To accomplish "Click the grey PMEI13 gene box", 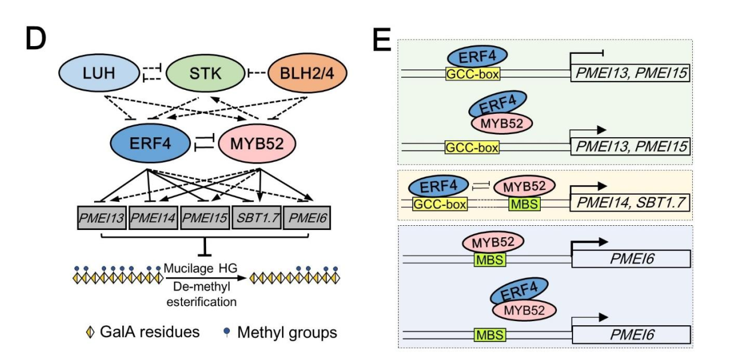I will coord(101,217).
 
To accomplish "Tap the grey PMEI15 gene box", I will coord(205,217).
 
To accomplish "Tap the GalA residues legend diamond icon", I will coord(91,332).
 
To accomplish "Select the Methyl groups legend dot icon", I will coord(229,331).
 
